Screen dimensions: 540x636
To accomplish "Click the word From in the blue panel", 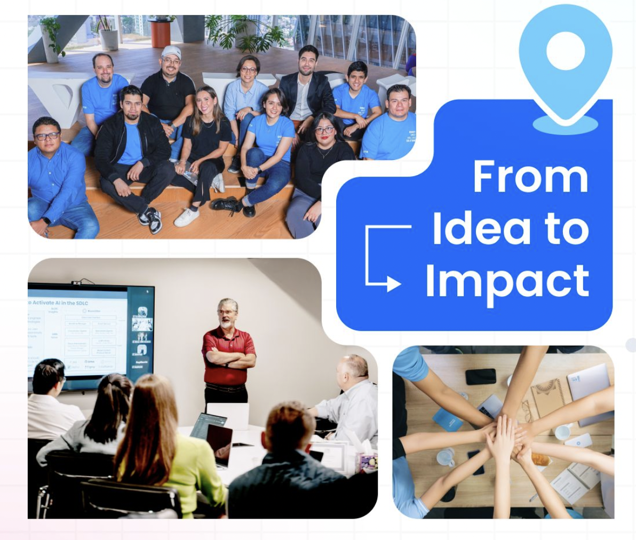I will (530, 177).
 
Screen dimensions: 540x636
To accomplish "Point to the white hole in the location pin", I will (565, 52).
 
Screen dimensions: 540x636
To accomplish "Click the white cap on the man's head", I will (171, 52).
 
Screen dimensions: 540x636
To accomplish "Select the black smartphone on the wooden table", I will (480, 376).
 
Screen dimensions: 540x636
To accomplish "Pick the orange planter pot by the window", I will (160, 33).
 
